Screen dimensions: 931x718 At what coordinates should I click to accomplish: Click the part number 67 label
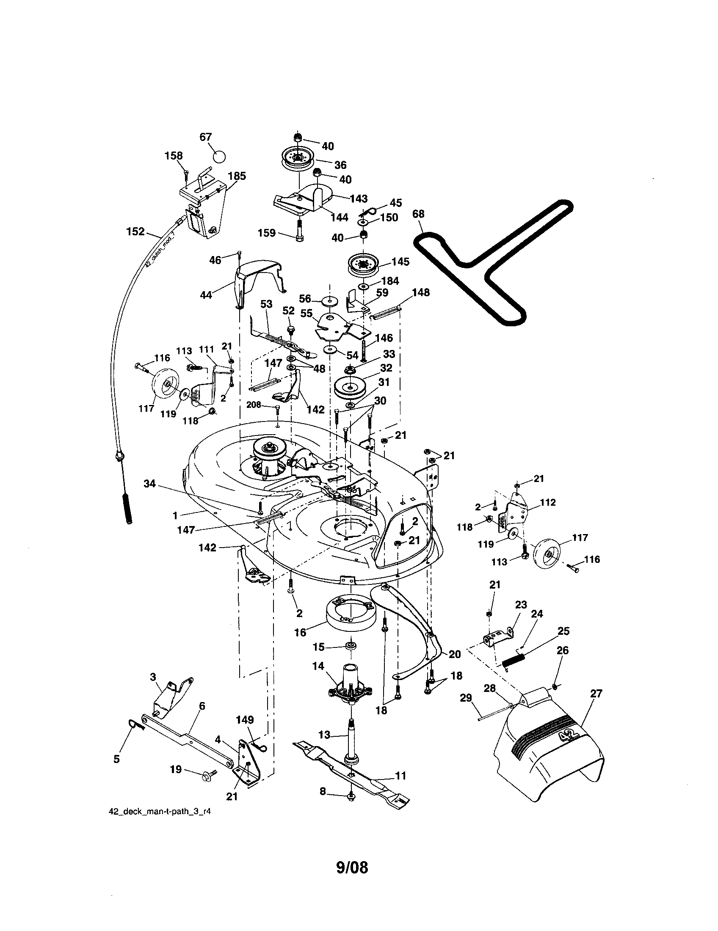pyautogui.click(x=205, y=137)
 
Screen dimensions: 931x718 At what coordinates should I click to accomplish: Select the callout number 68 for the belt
pyautogui.click(x=419, y=214)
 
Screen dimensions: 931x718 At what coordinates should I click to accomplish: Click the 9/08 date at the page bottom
pyautogui.click(x=352, y=867)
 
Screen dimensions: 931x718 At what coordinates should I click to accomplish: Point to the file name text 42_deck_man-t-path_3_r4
pyautogui.click(x=160, y=812)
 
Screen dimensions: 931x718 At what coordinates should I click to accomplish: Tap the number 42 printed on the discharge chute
pyautogui.click(x=568, y=736)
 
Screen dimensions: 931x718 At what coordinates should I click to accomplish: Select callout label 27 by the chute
pyautogui.click(x=596, y=694)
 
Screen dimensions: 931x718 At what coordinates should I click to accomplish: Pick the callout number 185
pyautogui.click(x=237, y=176)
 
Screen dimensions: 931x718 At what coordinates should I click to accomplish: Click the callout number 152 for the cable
pyautogui.click(x=135, y=232)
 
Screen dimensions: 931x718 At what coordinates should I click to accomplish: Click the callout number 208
pyautogui.click(x=254, y=405)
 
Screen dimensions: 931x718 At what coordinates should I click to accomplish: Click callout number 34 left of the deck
pyautogui.click(x=150, y=484)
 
